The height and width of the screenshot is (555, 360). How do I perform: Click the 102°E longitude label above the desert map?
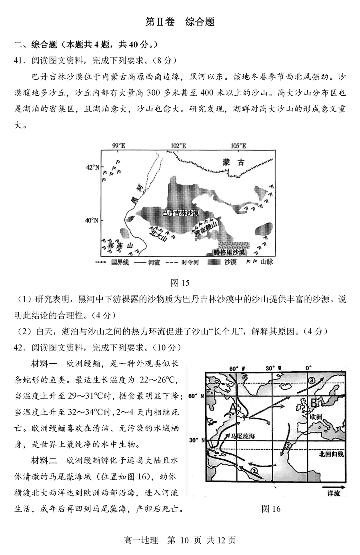point(178,146)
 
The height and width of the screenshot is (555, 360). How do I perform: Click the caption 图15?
point(180,283)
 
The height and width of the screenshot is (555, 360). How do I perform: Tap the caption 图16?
point(271,509)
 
